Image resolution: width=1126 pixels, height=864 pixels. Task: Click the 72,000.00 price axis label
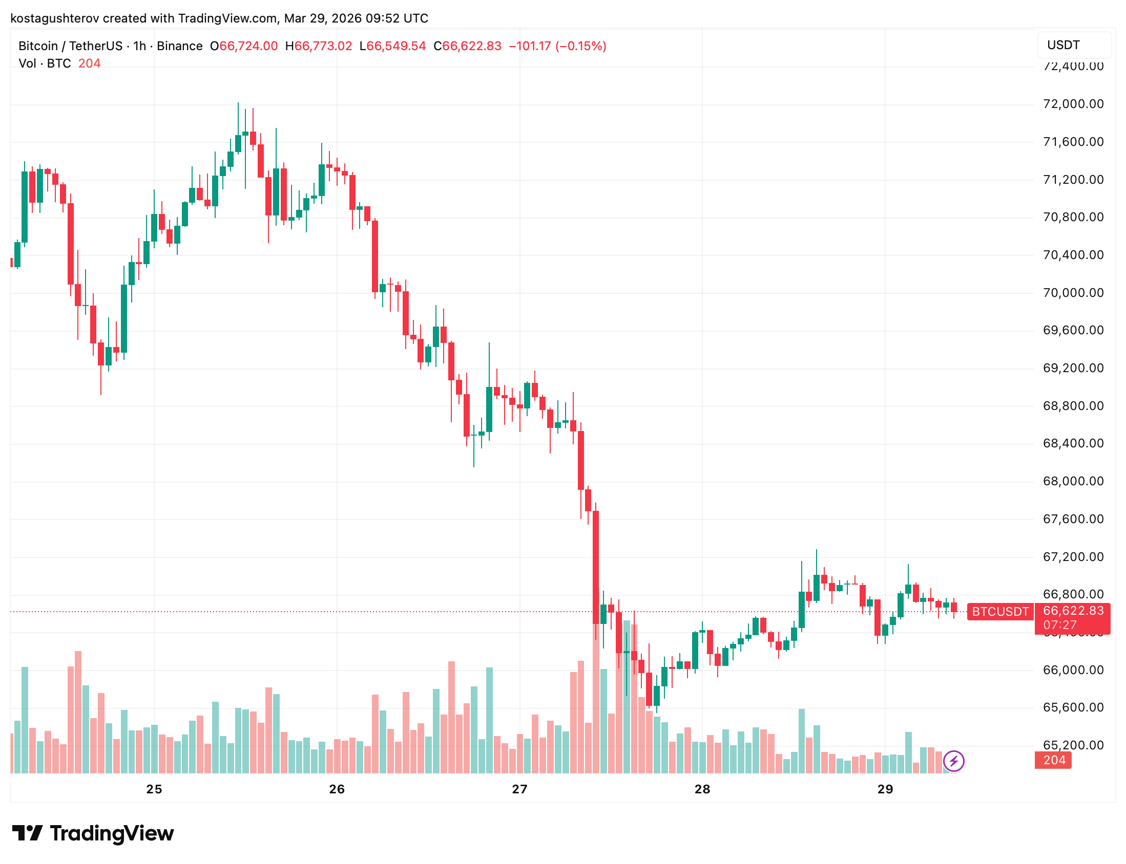coord(1073,104)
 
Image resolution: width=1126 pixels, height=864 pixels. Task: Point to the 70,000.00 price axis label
coord(1073,293)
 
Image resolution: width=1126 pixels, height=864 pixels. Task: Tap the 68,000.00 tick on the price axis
coord(1073,481)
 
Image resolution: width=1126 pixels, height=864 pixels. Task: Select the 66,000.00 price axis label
coord(1073,669)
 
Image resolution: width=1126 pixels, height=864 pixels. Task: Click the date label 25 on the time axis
coord(154,789)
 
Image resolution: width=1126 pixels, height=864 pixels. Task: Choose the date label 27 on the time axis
coord(519,789)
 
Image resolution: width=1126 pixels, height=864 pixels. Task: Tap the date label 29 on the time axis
coord(885,789)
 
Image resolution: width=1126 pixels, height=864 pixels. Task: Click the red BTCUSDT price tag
coord(1000,612)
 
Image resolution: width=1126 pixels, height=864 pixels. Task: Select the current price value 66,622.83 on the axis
coord(1073,611)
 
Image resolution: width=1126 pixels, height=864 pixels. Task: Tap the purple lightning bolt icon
coord(953,761)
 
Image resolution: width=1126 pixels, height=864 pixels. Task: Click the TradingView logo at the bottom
coord(93,833)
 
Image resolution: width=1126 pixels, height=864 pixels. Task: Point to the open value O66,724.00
coord(243,46)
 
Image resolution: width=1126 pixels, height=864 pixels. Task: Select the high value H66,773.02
coord(319,46)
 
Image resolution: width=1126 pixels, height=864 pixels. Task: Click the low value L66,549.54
coord(392,46)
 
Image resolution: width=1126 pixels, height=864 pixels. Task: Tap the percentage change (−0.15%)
coord(580,46)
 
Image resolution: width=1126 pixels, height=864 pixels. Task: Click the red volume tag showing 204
coord(1053,760)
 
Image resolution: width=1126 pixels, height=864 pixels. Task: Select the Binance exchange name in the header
coord(180,46)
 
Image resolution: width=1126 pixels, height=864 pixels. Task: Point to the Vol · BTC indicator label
coord(45,63)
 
